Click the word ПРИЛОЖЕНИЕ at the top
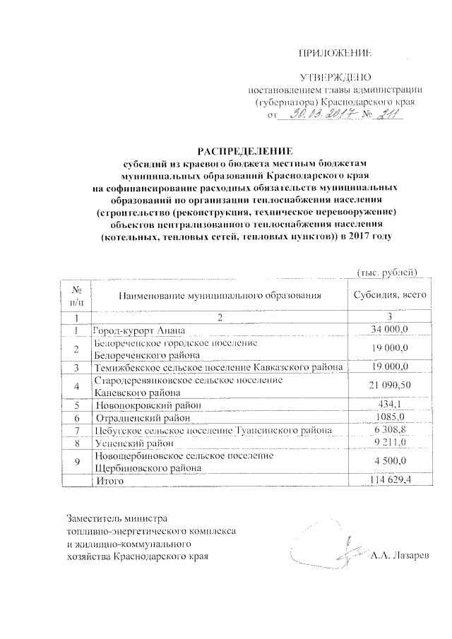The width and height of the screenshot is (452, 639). [335, 53]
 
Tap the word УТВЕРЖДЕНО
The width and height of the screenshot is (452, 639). [335, 77]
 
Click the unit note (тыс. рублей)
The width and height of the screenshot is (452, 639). [388, 273]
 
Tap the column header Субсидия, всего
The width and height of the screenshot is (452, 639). [389, 297]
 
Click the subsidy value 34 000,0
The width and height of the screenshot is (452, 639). [390, 330]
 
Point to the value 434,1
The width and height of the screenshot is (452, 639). [390, 405]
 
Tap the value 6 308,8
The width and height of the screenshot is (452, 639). [390, 431]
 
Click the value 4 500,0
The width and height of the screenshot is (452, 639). [390, 462]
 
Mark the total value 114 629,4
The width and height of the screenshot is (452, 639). [390, 481]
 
